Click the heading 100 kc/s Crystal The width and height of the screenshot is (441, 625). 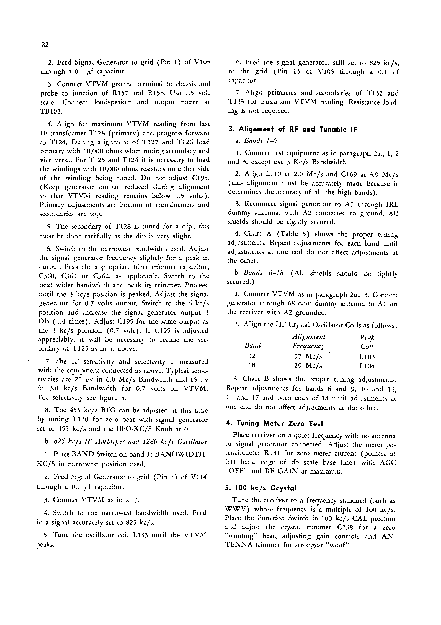coord(261,488)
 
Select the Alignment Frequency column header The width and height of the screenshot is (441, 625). coord(309,341)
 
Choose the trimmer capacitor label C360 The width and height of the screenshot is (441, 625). coord(47,276)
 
